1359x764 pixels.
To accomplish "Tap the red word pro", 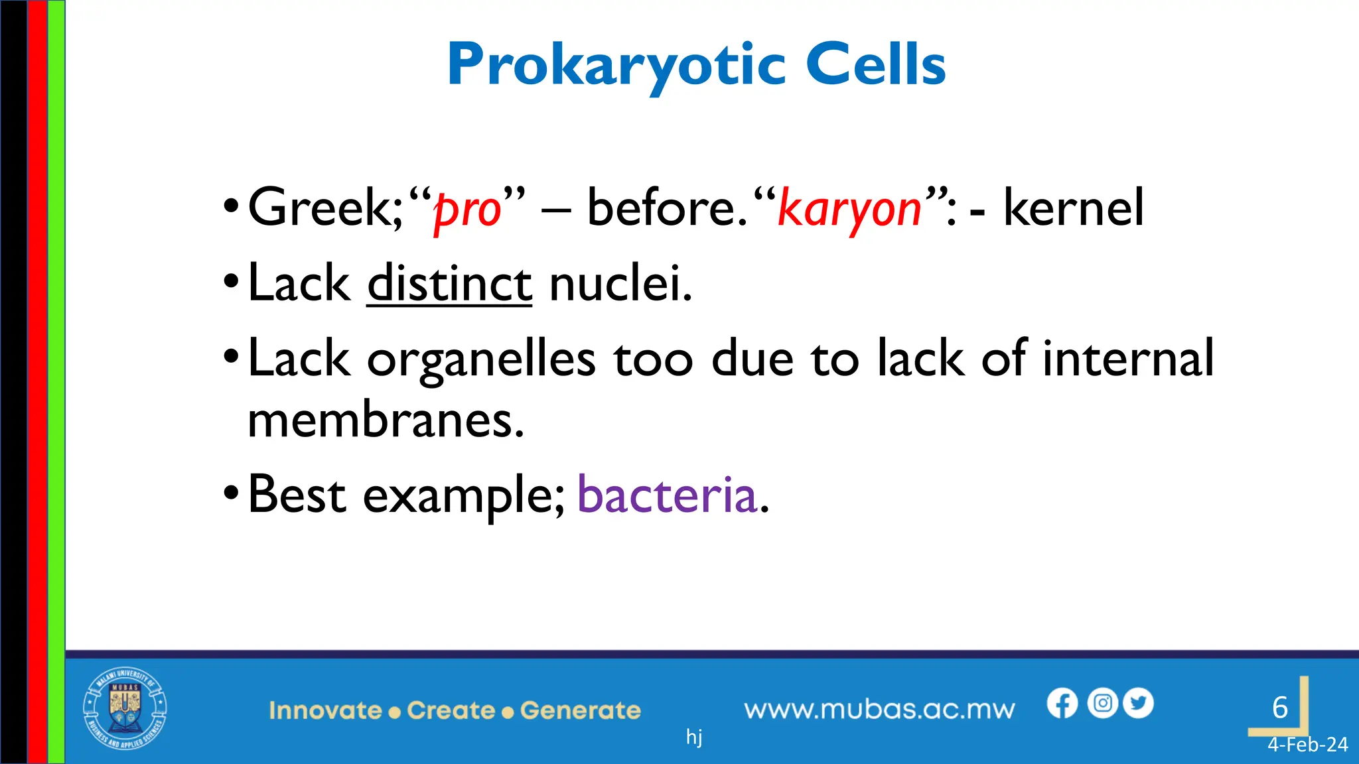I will click(466, 210).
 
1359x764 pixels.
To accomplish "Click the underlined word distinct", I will click(449, 284).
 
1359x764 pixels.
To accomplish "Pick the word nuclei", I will click(620, 284).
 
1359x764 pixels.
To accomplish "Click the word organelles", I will click(481, 359).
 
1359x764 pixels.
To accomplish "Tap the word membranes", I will click(386, 420).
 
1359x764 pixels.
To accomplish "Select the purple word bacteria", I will click(667, 495).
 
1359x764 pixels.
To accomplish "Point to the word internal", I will click(1127, 358).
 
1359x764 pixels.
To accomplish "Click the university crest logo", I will click(125, 709).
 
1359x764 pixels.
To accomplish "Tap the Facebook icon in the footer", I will click(1062, 704).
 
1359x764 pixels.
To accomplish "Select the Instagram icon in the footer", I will click(1102, 703).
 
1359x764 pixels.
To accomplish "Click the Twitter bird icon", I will click(1139, 703).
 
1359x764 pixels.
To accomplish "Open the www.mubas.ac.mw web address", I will click(879, 710).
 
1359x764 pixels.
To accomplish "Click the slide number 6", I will click(1280, 708).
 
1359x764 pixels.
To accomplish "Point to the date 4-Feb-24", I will click(1307, 745).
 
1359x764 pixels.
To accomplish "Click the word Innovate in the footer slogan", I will click(325, 710).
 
